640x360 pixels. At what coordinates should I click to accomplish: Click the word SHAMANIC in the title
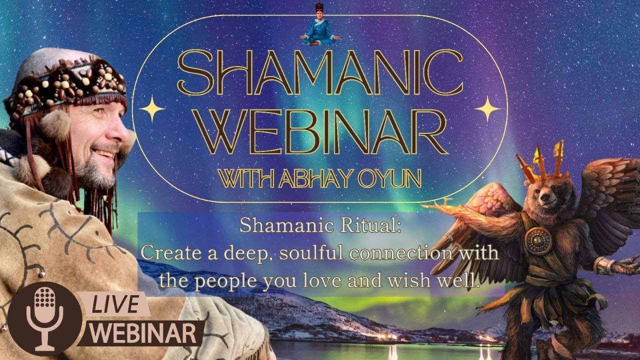click(x=320, y=75)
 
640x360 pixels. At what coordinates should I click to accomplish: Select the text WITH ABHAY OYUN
click(x=320, y=178)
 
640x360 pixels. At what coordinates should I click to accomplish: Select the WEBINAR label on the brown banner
click(x=145, y=333)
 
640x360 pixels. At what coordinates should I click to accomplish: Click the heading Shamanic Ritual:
click(x=320, y=225)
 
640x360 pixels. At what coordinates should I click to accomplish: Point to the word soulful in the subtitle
click(x=312, y=253)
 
